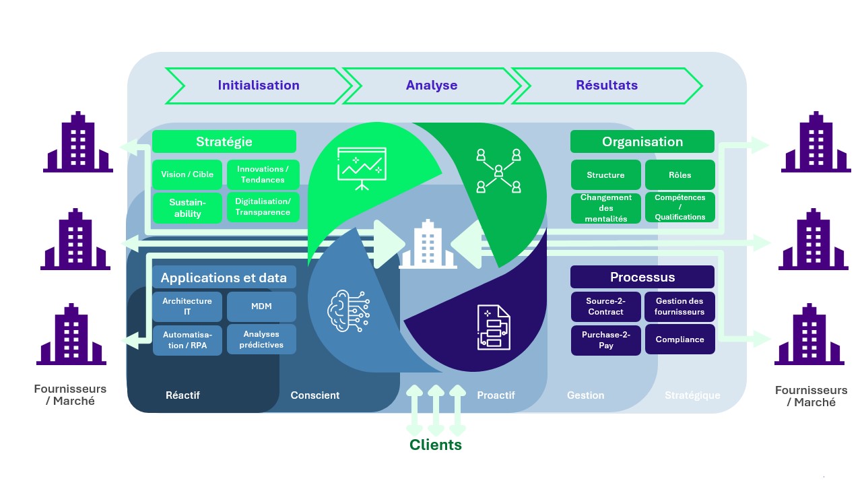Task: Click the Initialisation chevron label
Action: click(x=259, y=85)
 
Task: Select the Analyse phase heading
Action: click(x=432, y=85)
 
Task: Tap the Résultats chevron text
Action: click(x=607, y=85)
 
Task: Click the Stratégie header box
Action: click(x=224, y=141)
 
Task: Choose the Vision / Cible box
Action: click(x=187, y=174)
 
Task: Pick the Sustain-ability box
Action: click(x=187, y=208)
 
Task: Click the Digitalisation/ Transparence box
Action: click(x=263, y=207)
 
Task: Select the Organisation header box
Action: click(x=642, y=141)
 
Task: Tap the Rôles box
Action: click(x=680, y=174)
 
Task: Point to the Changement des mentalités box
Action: click(x=605, y=208)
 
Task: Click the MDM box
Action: click(x=261, y=306)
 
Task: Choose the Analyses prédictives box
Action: click(x=261, y=339)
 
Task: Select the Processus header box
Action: click(x=642, y=277)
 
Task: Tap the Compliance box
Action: click(x=680, y=339)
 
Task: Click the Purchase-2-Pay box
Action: click(x=605, y=340)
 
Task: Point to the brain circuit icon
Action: click(x=348, y=311)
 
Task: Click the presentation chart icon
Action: click(x=362, y=168)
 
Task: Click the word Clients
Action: click(x=435, y=445)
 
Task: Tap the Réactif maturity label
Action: click(x=183, y=395)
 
